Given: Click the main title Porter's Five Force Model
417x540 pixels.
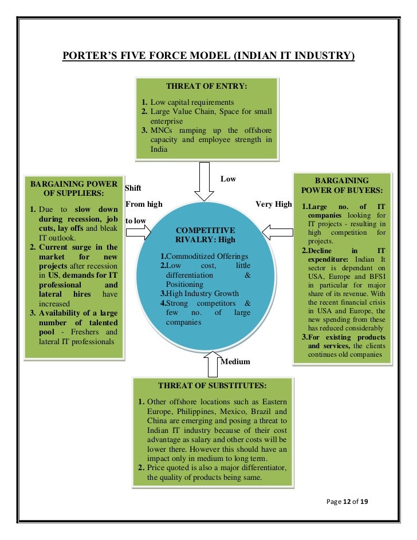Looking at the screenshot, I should click(208, 56).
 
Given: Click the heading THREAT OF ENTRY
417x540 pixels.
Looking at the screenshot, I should click(206, 86).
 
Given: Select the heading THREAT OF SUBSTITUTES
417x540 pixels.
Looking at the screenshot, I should click(213, 385).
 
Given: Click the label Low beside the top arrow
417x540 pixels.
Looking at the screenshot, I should click(228, 179).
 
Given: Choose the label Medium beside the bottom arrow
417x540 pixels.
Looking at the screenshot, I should click(235, 362).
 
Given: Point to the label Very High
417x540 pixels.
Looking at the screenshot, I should click(274, 204).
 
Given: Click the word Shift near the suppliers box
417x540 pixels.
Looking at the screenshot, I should click(132, 188).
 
